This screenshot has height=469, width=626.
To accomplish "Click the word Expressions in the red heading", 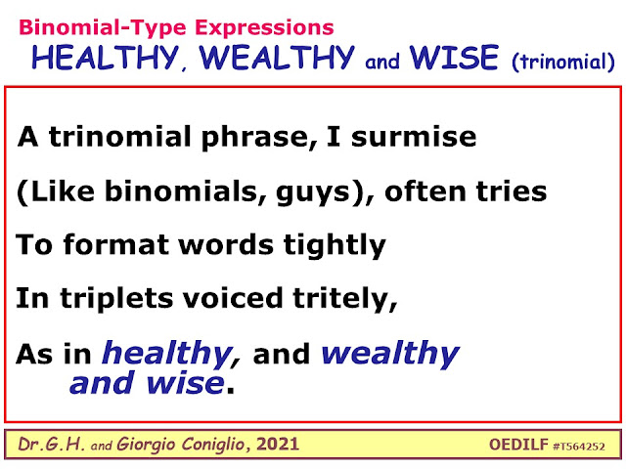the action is click(264, 28).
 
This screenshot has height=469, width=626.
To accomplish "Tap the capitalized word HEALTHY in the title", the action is click(105, 59).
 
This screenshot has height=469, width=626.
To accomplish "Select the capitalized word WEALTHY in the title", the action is click(277, 59).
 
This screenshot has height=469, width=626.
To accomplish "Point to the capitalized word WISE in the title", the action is click(454, 57).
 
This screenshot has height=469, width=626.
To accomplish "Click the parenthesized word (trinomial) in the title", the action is click(563, 62).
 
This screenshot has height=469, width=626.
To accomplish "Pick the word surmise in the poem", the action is click(414, 137).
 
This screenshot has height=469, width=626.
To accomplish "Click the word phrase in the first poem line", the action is click(255, 138).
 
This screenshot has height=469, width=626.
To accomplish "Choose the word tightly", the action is click(335, 245).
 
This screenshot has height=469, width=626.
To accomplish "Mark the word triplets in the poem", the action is click(116, 299).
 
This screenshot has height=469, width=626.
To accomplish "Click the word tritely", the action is click(345, 298).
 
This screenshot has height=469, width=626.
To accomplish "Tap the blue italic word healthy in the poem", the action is click(167, 354).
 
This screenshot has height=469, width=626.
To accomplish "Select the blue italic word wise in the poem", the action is click(185, 383).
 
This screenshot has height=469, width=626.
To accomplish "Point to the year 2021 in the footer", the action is click(277, 445).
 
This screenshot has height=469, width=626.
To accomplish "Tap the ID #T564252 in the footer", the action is click(579, 447).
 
